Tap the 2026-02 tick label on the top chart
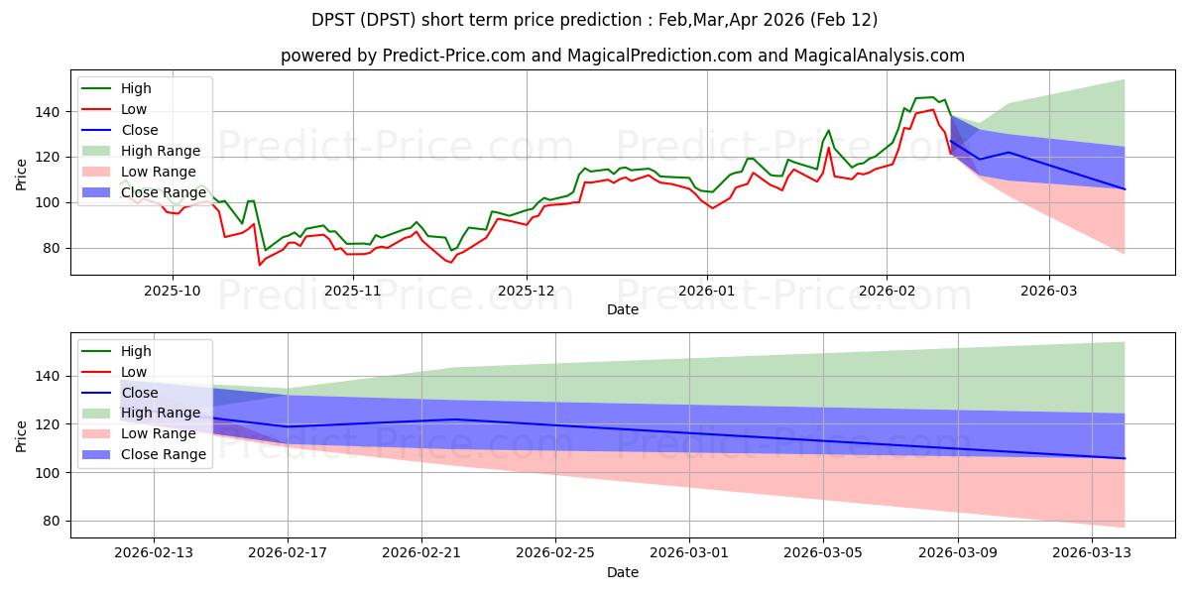887,291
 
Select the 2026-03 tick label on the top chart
1048,291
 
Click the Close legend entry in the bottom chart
138,393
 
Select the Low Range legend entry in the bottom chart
160,433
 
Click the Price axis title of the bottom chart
22,434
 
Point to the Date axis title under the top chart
622,309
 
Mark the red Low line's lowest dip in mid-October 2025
260,265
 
